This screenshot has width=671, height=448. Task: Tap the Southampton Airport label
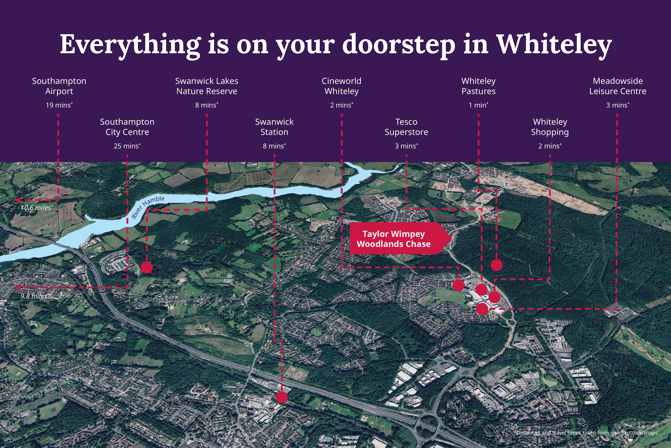[59, 86]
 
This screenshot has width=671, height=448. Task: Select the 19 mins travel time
[59, 105]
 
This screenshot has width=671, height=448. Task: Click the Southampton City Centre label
[127, 127]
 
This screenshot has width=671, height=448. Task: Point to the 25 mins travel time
[127, 146]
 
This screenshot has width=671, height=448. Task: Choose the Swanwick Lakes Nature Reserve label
[206, 86]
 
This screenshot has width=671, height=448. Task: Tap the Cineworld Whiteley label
[341, 86]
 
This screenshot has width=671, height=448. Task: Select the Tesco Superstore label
[406, 127]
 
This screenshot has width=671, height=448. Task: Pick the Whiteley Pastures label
[478, 86]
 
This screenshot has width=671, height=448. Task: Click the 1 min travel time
[478, 105]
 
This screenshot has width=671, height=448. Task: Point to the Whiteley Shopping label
[550, 127]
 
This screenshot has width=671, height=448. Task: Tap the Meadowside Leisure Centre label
[618, 86]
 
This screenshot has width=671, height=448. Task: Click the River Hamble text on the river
[148, 207]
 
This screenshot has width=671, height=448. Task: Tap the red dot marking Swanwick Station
[282, 397]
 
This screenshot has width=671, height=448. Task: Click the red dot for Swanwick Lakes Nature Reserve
[147, 267]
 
